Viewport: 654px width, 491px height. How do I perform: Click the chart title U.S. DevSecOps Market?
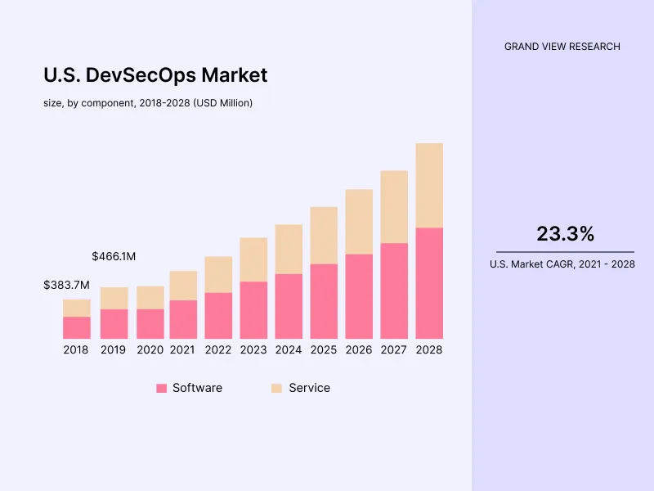[x=155, y=75]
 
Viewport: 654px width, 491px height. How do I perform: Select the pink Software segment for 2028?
[x=429, y=283]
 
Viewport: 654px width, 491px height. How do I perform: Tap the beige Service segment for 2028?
[x=429, y=186]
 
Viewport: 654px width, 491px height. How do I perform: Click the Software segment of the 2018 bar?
[x=77, y=327]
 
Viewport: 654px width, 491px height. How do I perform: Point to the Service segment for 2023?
[x=253, y=259]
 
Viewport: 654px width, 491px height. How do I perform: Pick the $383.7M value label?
[x=66, y=286]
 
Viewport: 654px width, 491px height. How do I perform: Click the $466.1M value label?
[x=114, y=256]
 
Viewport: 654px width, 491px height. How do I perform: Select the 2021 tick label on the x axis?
[x=183, y=349]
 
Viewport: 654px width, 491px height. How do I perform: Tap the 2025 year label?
[x=324, y=349]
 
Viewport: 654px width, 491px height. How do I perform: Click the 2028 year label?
[x=429, y=349]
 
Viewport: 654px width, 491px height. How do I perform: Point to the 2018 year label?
[x=77, y=349]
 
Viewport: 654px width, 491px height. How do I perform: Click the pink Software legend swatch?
[x=161, y=388]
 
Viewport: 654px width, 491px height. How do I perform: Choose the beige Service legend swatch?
[x=275, y=388]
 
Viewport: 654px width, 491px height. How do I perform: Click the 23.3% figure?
[x=565, y=234]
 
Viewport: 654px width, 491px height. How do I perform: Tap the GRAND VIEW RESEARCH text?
[x=562, y=47]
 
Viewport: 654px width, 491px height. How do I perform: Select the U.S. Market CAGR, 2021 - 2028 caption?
[x=562, y=264]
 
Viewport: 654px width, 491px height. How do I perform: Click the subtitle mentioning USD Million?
[x=148, y=103]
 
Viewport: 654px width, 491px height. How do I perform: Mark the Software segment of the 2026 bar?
[x=359, y=296]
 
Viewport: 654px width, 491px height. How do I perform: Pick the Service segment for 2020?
[x=150, y=297]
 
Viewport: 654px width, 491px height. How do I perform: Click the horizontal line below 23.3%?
[x=565, y=251]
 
